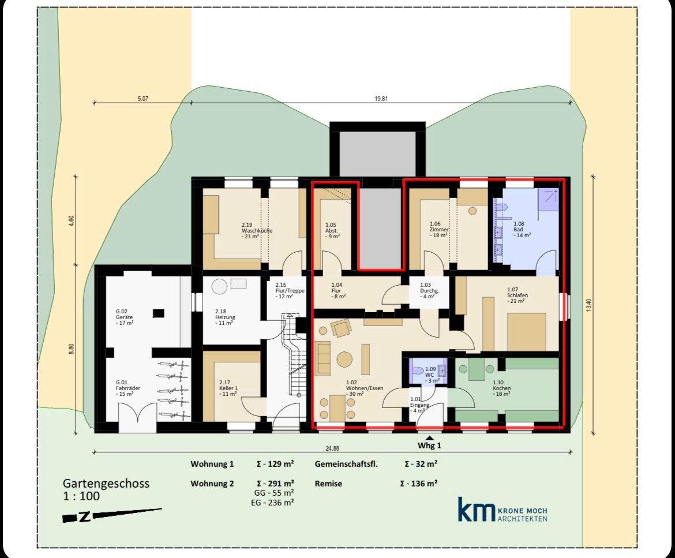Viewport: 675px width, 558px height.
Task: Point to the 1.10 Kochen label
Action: (501, 388)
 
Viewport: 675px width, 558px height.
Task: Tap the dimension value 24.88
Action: (332, 448)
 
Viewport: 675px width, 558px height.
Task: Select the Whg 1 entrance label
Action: (429, 445)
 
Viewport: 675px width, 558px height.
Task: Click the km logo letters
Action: (477, 510)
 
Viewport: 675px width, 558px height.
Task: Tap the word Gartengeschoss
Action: (106, 484)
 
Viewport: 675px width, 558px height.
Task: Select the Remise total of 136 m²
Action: (421, 484)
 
